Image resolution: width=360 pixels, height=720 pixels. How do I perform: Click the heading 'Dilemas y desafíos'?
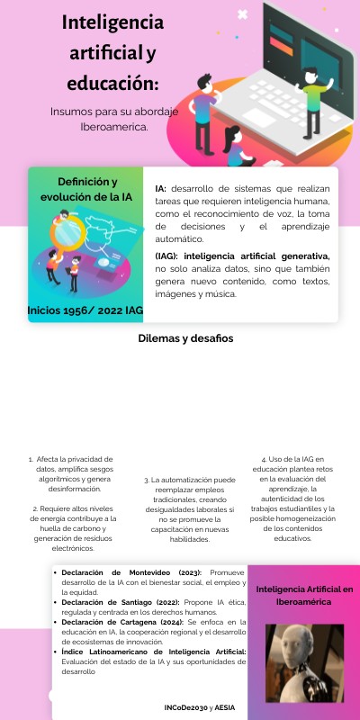(x=185, y=338)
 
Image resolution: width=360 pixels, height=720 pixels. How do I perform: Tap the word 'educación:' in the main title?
(x=112, y=84)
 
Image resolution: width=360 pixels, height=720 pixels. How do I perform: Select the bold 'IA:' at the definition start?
(x=161, y=188)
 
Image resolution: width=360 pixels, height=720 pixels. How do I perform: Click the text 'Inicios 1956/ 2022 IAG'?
(x=85, y=310)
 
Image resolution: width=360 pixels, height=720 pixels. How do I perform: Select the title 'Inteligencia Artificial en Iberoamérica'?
(x=303, y=594)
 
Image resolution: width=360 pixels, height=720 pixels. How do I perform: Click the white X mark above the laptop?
(x=241, y=14)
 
